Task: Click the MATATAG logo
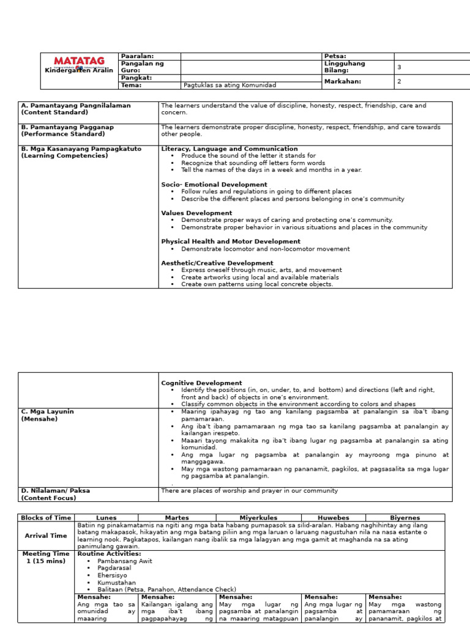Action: (79, 61)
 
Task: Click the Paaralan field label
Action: (137, 56)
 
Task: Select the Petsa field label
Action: (335, 56)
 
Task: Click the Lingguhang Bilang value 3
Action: (400, 67)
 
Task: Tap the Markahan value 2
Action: (400, 81)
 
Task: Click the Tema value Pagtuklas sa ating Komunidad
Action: (229, 85)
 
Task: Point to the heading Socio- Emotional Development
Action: (214, 185)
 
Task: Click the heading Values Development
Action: (196, 213)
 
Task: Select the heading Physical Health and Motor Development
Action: (231, 241)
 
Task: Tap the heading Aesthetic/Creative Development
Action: (217, 263)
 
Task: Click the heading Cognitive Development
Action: (201, 383)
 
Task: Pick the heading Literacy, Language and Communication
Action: (229, 149)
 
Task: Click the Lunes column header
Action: (106, 518)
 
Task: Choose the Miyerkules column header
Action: (258, 518)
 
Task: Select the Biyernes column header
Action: (405, 518)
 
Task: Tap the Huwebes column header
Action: (333, 518)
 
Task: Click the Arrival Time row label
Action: (46, 536)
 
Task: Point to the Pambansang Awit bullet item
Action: (125, 561)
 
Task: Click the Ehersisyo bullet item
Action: (114, 575)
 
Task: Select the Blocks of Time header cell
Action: (46, 518)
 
